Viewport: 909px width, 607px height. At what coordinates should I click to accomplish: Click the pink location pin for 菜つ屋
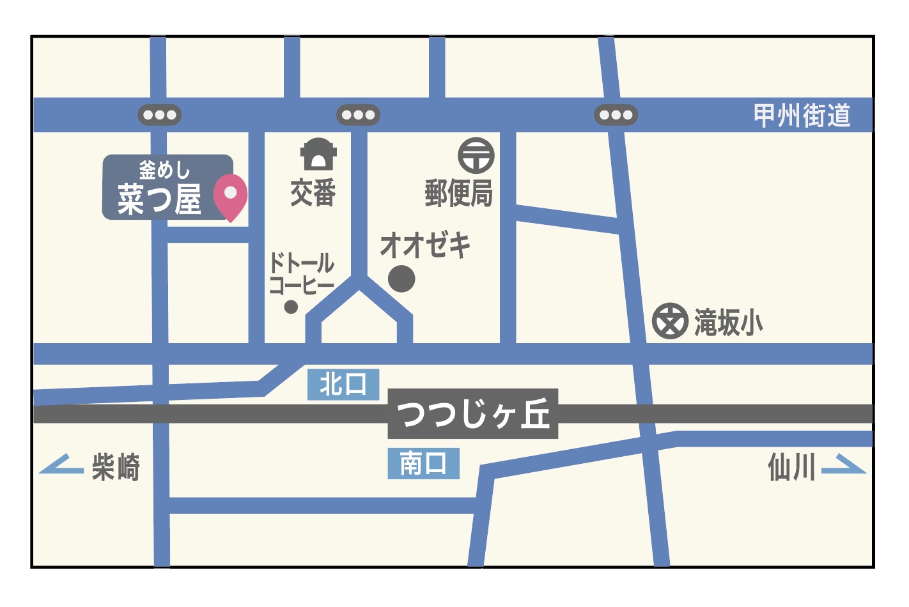point(230,195)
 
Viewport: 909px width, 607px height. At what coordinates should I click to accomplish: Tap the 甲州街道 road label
point(802,116)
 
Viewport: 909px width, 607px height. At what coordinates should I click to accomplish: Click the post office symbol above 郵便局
point(476,155)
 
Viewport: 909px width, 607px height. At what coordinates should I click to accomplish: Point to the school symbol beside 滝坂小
point(670,321)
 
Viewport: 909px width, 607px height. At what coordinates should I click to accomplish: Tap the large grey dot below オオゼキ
point(401,279)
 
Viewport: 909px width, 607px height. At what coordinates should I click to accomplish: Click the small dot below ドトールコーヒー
point(291,307)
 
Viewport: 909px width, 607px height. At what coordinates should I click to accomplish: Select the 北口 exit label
point(343,385)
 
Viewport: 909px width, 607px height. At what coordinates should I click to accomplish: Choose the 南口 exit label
point(423,463)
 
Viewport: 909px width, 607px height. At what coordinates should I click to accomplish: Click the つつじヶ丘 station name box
point(473,414)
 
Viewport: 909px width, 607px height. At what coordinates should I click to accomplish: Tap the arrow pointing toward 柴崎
point(61,465)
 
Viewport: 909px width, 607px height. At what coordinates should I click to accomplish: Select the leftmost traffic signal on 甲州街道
point(160,115)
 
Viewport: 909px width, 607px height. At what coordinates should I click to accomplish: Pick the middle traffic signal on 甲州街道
point(358,115)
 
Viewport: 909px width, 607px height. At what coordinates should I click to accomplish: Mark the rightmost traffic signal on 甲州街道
point(616,115)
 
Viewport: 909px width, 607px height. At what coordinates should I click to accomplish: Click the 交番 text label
point(313,192)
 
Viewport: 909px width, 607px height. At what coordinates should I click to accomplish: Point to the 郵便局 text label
point(459,192)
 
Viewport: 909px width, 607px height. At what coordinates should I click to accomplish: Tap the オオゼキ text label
point(425,245)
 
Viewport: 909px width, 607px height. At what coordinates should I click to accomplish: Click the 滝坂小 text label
point(729,322)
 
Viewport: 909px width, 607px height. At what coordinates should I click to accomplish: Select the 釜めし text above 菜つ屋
point(164,170)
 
